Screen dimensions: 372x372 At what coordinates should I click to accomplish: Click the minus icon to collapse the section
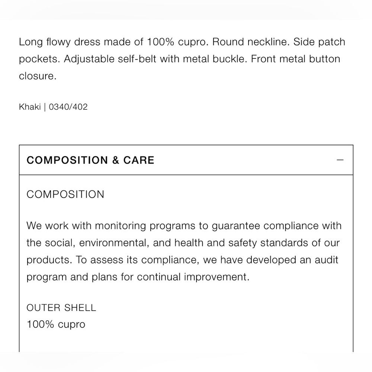pyautogui.click(x=340, y=160)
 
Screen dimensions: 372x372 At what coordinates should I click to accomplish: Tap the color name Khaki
pyautogui.click(x=30, y=107)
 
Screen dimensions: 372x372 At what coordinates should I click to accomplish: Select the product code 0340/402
pyautogui.click(x=68, y=107)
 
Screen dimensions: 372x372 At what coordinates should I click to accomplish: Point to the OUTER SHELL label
pyautogui.click(x=61, y=308)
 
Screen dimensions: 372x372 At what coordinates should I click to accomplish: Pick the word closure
pyautogui.click(x=37, y=76)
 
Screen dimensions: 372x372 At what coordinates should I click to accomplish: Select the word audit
pyautogui.click(x=326, y=260)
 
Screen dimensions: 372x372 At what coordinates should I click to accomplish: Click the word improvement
pyautogui.click(x=213, y=277)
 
